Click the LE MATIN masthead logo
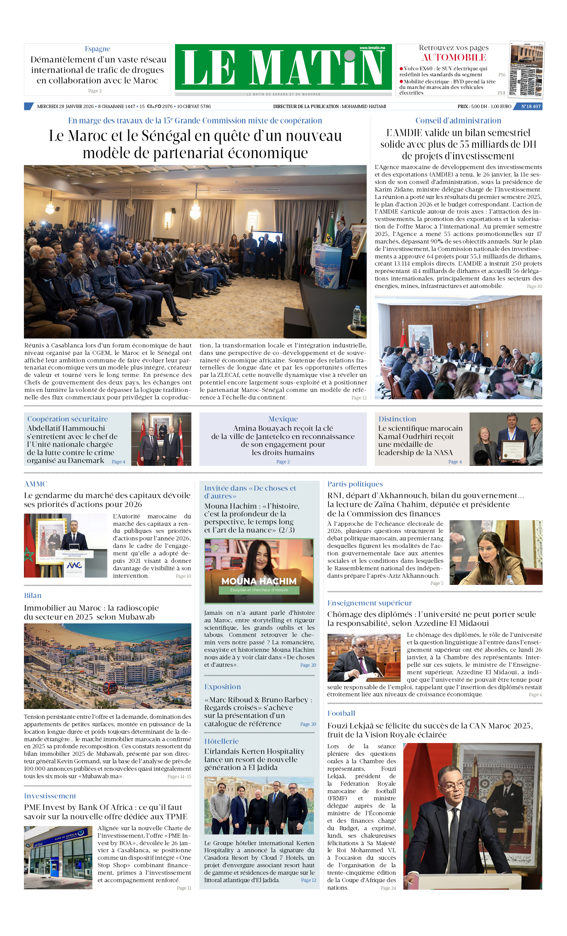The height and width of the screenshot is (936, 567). (x=283, y=67)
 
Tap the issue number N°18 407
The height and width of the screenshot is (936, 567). (x=530, y=106)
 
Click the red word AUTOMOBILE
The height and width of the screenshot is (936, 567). (x=454, y=57)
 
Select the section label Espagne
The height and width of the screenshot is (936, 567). (x=97, y=49)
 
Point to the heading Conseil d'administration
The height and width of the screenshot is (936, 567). (x=458, y=120)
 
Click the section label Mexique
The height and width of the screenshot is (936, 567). (x=283, y=418)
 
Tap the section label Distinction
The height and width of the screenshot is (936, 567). (x=397, y=418)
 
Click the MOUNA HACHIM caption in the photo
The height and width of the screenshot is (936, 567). (x=259, y=581)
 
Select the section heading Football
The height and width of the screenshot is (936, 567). (x=341, y=713)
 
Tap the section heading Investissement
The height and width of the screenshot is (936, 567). (x=50, y=795)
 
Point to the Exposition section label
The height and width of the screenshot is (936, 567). (x=222, y=687)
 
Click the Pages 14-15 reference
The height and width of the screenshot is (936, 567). (x=179, y=776)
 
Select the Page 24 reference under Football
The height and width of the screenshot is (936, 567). (x=388, y=888)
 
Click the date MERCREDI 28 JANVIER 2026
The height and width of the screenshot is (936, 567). (x=65, y=106)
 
